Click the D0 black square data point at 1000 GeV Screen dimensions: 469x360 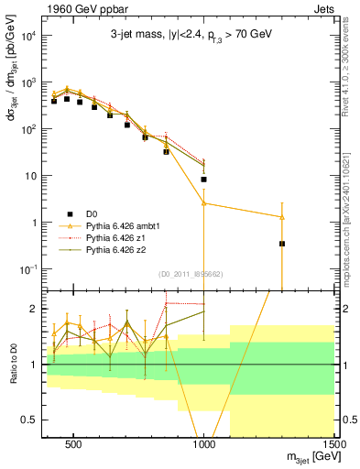coord(203,180)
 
